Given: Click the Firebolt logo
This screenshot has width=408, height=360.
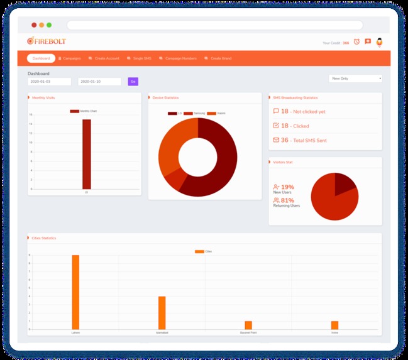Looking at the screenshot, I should pyautogui.click(x=48, y=41).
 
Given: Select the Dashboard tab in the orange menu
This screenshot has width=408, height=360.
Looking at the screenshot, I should pyautogui.click(x=41, y=58).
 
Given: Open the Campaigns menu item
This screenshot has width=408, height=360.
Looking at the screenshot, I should pyautogui.click(x=70, y=58).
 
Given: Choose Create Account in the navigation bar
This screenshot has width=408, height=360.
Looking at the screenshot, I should pyautogui.click(x=105, y=58).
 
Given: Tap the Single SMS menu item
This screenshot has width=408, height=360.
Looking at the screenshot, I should pyautogui.click(x=140, y=58).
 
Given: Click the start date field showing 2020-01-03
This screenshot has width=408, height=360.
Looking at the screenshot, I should pyautogui.click(x=49, y=82).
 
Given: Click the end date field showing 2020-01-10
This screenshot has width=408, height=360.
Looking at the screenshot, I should pyautogui.click(x=99, y=82).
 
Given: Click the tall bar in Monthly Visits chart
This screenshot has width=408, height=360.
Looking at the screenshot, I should pyautogui.click(x=87, y=154).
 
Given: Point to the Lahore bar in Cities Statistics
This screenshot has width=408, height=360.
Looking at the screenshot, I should pyautogui.click(x=75, y=292).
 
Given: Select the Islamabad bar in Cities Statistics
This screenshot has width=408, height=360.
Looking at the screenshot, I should pyautogui.click(x=162, y=312).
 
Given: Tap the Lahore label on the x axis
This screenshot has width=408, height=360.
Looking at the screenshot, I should pyautogui.click(x=75, y=332).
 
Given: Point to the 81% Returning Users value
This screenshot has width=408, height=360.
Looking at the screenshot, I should pyautogui.click(x=287, y=200).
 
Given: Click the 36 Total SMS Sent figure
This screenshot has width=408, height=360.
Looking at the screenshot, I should pyautogui.click(x=285, y=140).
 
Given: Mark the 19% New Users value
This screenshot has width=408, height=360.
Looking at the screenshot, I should pyautogui.click(x=287, y=187).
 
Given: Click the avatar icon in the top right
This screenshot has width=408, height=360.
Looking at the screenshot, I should pyautogui.click(x=379, y=42).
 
